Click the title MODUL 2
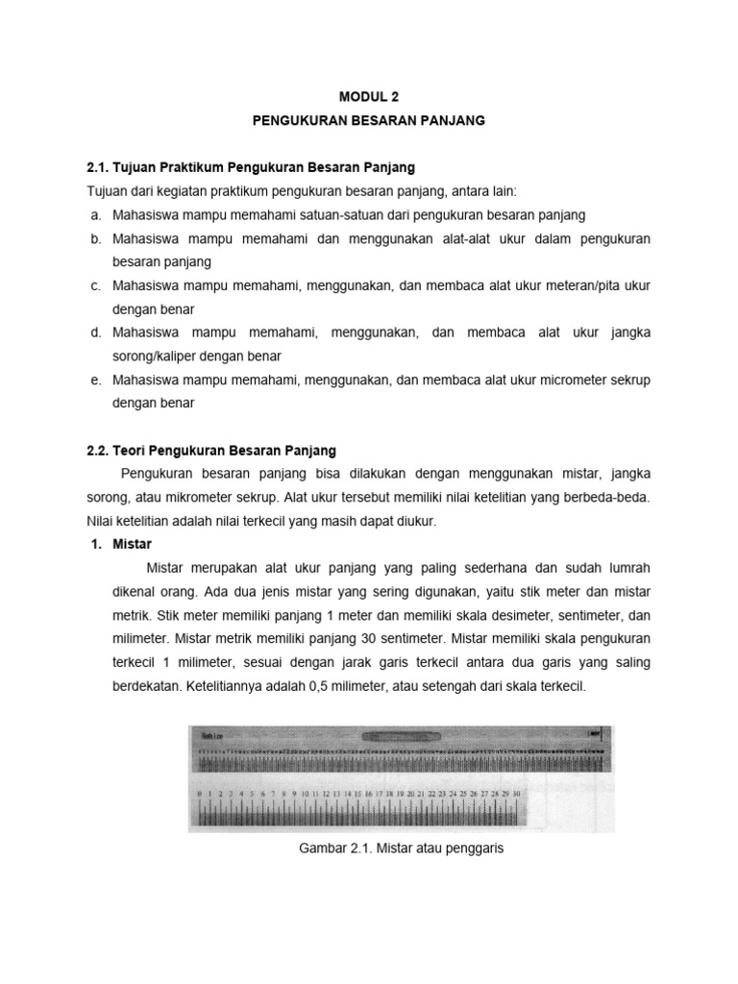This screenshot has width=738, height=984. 369,97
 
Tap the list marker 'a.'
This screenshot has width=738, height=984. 96,213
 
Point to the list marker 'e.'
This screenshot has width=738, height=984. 96,380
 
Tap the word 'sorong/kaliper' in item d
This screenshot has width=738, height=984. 155,356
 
